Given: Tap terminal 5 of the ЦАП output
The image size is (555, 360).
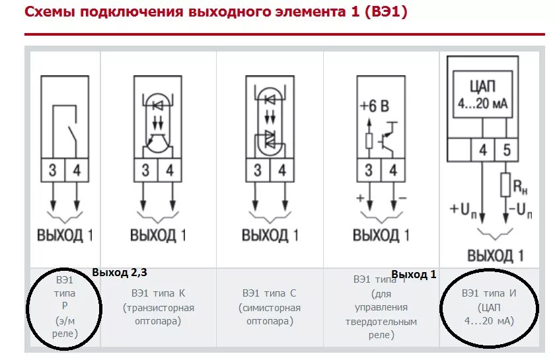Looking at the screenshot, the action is click(x=506, y=151).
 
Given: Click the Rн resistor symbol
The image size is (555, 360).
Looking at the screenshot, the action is click(x=506, y=184).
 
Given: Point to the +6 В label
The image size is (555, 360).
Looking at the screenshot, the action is click(x=374, y=106).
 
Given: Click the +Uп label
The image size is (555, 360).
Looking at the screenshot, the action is click(x=464, y=209).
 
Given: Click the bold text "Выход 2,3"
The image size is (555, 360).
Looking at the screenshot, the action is click(x=120, y=272).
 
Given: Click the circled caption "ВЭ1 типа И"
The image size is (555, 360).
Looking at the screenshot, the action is click(x=488, y=307).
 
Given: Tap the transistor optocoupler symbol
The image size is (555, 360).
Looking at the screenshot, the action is click(x=157, y=122).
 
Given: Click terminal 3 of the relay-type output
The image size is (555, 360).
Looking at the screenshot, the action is click(x=52, y=171).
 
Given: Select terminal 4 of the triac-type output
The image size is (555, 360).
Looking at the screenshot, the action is click(x=282, y=171).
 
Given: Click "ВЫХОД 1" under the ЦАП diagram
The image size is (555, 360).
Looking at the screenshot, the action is click(x=495, y=256).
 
